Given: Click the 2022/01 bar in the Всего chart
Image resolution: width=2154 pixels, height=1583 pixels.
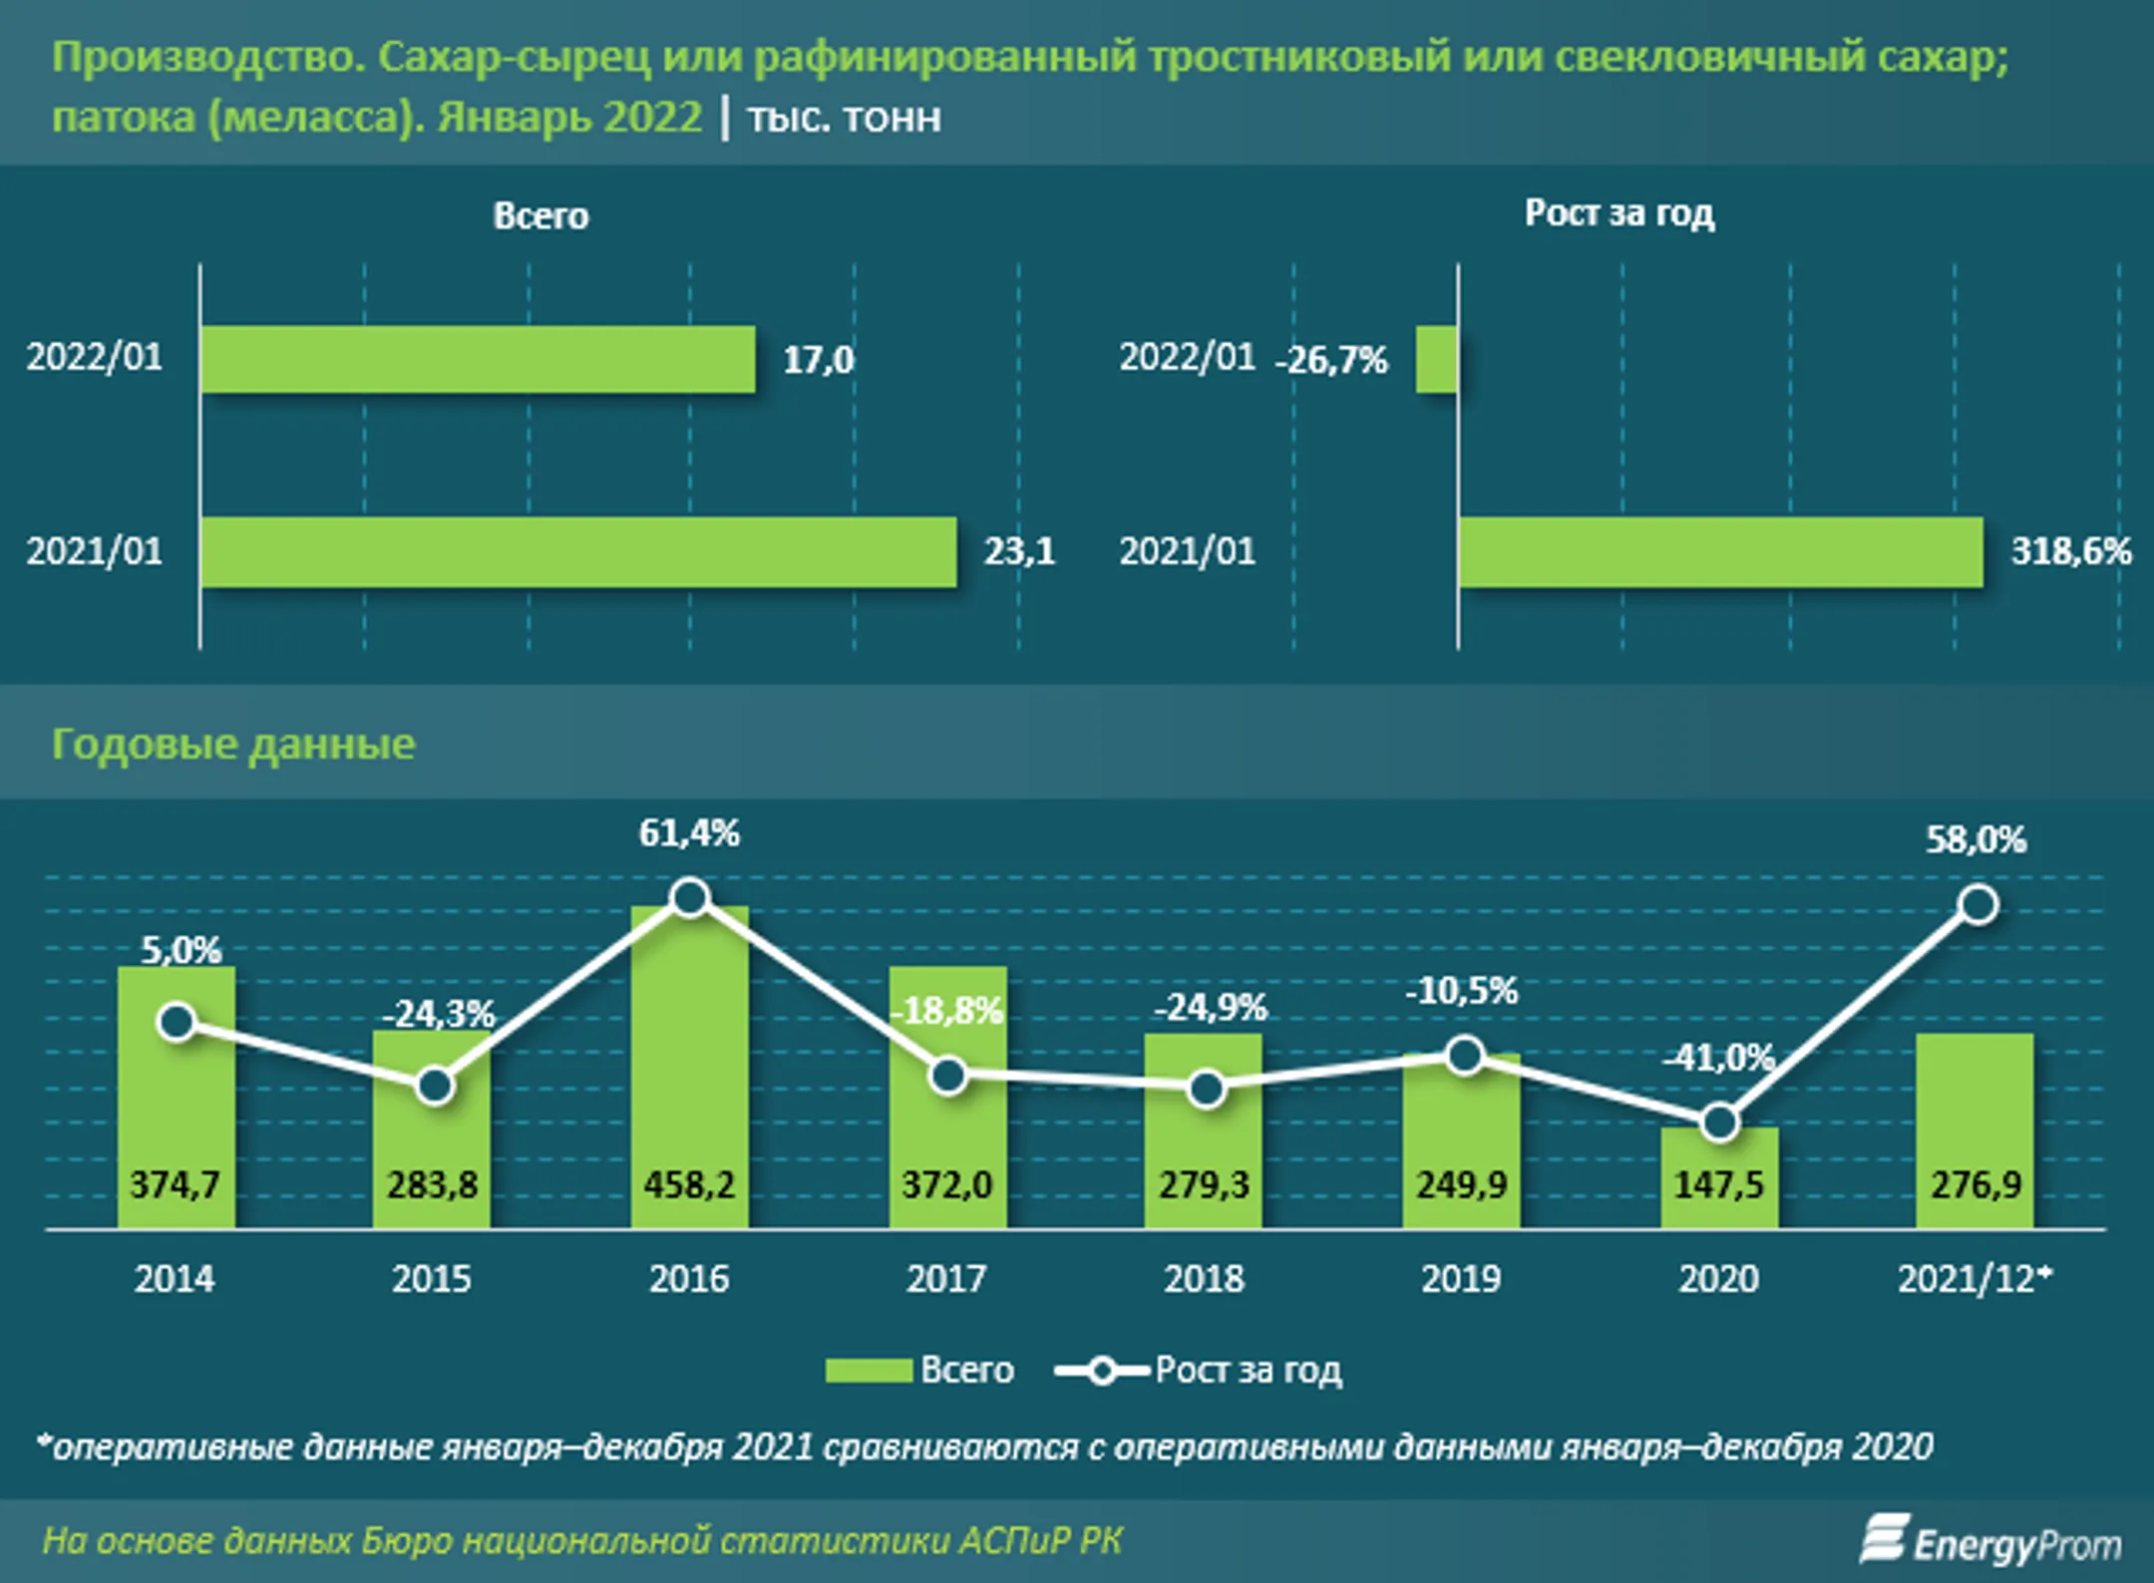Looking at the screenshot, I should (x=478, y=359).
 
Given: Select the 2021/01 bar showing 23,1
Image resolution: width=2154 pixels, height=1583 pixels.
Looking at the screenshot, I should (x=578, y=551).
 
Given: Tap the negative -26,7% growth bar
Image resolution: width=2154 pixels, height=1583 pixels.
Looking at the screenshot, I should (x=1437, y=359).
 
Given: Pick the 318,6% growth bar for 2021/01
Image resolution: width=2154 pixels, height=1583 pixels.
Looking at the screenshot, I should (x=1720, y=551).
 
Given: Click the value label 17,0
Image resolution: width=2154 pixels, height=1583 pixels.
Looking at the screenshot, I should (x=818, y=360).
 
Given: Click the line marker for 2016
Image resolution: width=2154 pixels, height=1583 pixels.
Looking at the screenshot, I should (x=690, y=898).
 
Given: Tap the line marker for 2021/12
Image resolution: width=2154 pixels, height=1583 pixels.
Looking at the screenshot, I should (x=1978, y=905).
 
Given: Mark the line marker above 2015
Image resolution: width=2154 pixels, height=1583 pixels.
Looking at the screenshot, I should (x=434, y=1086).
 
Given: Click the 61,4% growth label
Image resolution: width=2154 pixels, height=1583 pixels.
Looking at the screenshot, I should (x=689, y=833).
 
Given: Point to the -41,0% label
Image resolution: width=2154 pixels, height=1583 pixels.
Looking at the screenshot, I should (x=1718, y=1057).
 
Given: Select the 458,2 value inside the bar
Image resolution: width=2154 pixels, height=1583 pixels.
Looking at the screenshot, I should (x=689, y=1185).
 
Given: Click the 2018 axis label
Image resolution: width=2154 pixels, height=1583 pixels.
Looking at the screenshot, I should (x=1204, y=1279).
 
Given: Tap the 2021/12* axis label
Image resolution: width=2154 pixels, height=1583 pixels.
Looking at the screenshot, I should (x=1974, y=1279).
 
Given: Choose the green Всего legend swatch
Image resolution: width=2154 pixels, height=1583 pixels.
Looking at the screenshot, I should (x=868, y=1371).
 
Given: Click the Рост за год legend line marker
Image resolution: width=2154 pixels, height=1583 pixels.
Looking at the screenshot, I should (x=1102, y=1371).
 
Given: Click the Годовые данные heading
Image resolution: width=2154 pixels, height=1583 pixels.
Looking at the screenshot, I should (x=233, y=745).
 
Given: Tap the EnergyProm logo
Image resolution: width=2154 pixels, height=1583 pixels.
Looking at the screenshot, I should (x=1990, y=1542).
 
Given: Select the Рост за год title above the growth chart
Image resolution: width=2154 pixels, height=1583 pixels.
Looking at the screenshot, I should (x=1619, y=213).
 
